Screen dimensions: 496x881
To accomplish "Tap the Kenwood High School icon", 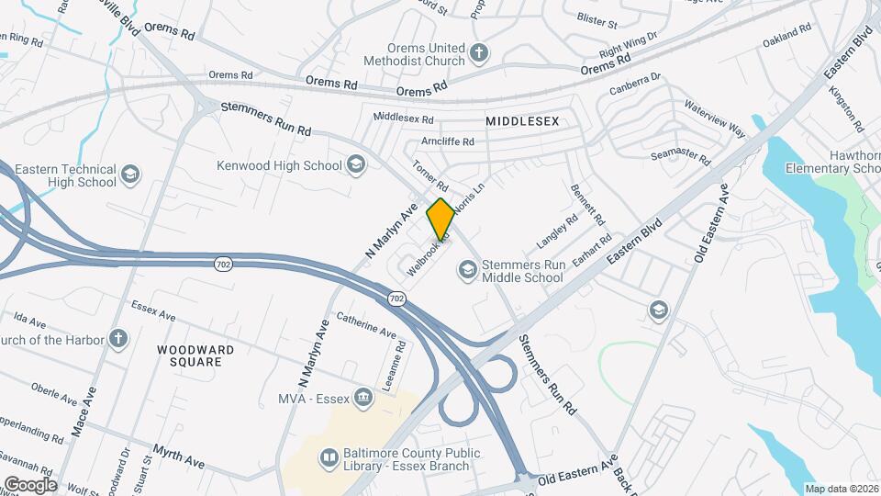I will click(x=356, y=165).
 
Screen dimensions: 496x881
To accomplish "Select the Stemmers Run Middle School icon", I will click(x=467, y=269).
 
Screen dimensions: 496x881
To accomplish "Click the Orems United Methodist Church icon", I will click(x=478, y=52).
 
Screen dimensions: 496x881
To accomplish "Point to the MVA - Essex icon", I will click(x=363, y=397).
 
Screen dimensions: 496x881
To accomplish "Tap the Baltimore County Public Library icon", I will click(x=329, y=457).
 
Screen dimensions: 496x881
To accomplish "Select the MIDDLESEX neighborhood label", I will click(x=522, y=121).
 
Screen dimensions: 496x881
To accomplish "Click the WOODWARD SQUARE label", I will click(x=195, y=355).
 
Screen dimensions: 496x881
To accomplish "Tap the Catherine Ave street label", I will click(x=365, y=324).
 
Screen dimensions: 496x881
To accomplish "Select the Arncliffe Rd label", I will click(x=447, y=141).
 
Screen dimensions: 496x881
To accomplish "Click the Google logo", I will click(x=30, y=484).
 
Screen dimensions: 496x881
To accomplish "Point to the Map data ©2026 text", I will click(x=842, y=489).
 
